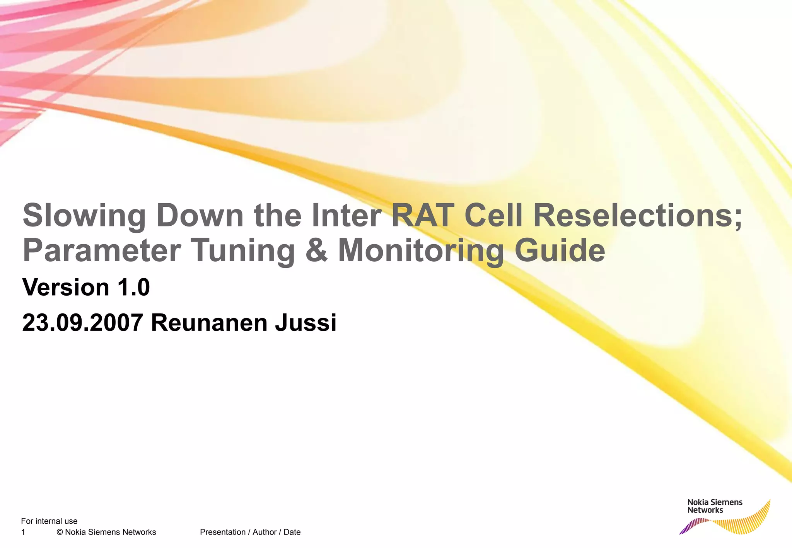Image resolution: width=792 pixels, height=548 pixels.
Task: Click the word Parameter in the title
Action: point(102,250)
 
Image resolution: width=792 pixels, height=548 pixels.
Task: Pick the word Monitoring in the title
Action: point(421,250)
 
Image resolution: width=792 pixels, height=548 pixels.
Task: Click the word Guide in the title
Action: point(560,250)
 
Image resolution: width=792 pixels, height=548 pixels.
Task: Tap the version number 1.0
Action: point(133,287)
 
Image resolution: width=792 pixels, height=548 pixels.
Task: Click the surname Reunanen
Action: point(209,323)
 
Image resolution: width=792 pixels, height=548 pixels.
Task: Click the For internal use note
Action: point(49,521)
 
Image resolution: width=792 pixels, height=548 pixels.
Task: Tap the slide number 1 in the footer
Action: point(23,532)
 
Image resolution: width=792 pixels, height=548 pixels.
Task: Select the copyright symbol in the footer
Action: point(60,532)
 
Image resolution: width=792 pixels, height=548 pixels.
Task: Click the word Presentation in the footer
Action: point(222,532)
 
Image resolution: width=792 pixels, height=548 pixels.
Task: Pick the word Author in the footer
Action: point(264,532)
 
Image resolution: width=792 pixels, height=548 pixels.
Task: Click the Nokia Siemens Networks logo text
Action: point(715,506)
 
